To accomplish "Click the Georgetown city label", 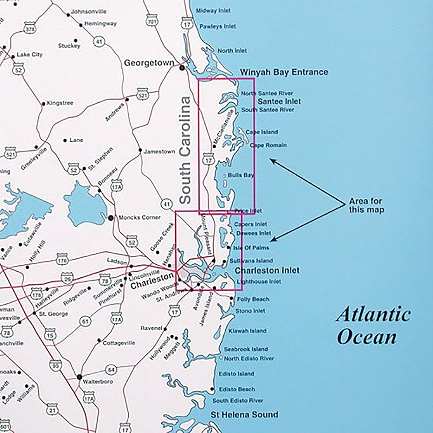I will coord(149,63).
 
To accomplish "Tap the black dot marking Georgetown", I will coord(182,68).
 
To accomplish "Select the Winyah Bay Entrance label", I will coord(284,72).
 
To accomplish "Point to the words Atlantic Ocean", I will coord(373,325).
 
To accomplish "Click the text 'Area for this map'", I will coord(367,206).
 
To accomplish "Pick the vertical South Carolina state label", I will coord(185,150).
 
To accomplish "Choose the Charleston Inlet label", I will coord(267,270).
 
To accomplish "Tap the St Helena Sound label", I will coord(244,415).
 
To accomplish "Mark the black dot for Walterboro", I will coord(79,377).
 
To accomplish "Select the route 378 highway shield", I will coord(30,29).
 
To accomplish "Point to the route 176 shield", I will coord(62,260).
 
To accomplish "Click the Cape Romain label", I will coord(268,145).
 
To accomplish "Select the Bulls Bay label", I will coord(244,175).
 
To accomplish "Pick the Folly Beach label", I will coord(252,299).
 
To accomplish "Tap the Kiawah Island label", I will coord(251,331).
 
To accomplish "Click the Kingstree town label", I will coord(60,103).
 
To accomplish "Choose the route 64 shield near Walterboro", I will coord(111,370).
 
